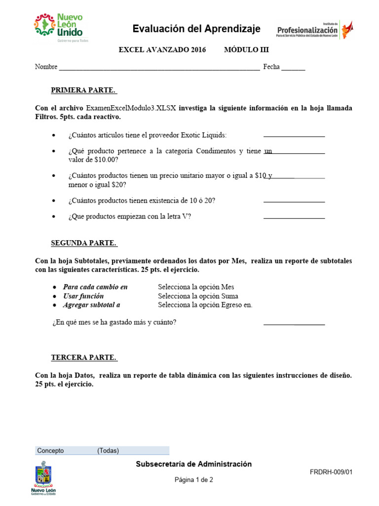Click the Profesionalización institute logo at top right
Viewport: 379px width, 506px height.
(314, 30)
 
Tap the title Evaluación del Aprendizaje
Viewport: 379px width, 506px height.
(196, 29)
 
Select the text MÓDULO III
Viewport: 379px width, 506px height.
(246, 50)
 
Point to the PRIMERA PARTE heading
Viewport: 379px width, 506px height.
(83, 90)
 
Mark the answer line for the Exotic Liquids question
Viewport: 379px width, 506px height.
(294, 135)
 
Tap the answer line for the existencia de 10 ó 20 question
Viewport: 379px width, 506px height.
(294, 201)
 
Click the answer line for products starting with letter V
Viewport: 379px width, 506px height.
(294, 217)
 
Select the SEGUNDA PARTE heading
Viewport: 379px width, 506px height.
(84, 243)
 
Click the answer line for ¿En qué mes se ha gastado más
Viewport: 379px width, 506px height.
(294, 324)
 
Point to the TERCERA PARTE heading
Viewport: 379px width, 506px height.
(83, 358)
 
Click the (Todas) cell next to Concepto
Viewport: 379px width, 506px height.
(108, 451)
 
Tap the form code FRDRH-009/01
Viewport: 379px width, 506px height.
(331, 472)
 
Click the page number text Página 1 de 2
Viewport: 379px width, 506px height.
(194, 480)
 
